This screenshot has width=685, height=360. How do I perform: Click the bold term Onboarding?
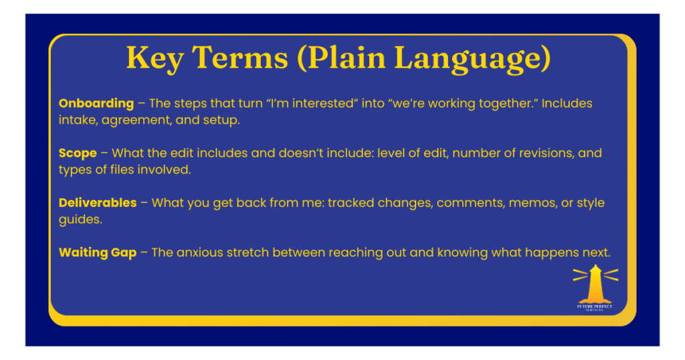click(96, 104)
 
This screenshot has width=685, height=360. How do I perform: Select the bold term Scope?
click(78, 154)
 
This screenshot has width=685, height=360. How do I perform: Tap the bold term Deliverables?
click(98, 203)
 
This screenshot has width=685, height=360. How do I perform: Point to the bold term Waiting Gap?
click(98, 253)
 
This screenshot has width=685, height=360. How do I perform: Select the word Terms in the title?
click(240, 58)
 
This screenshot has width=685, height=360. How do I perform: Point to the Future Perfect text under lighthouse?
click(595, 307)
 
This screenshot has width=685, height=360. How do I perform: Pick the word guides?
click(80, 219)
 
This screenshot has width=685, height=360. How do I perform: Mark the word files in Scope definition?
click(122, 169)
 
